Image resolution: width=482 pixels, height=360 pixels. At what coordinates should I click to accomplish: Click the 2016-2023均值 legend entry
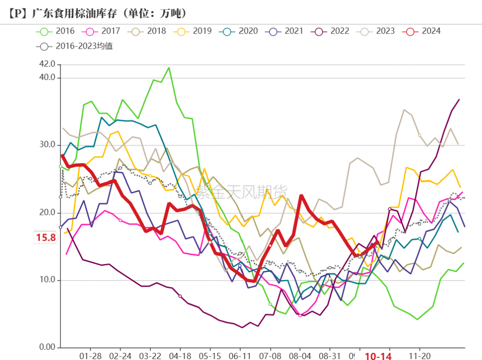click(x=76, y=46)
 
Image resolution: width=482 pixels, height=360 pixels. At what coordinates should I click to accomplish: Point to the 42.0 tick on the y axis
click(x=47, y=64)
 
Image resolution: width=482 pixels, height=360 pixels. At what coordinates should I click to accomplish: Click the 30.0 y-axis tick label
click(x=47, y=145)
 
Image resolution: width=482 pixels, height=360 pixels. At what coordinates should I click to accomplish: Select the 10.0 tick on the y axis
click(x=47, y=280)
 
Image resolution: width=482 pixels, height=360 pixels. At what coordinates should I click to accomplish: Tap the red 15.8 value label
click(x=46, y=238)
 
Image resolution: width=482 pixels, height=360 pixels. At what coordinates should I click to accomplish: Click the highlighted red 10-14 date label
click(x=378, y=356)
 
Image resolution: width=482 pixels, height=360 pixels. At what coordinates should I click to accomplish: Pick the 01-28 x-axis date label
click(x=90, y=356)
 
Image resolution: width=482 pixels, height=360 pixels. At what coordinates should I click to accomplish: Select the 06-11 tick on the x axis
click(x=240, y=356)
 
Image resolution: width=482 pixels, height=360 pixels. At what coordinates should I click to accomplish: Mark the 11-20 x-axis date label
click(x=420, y=356)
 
